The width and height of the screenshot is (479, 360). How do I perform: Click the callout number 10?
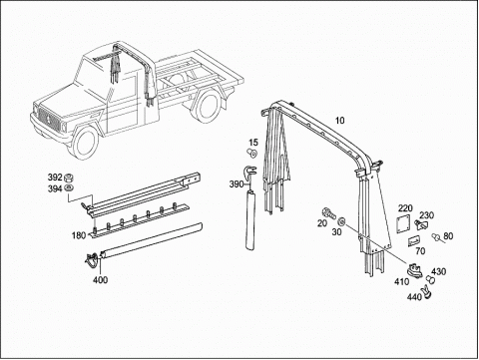pos(339,121)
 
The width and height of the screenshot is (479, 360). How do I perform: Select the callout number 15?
pos(253,143)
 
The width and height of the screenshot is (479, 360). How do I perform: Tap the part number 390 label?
pos(237,183)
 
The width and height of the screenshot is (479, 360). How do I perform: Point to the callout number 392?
pos(55,177)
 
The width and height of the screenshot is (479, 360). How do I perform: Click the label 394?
pos(55,188)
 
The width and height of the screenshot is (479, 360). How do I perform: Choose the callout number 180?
pos(79,235)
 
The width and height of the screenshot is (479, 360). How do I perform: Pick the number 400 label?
pos(100,280)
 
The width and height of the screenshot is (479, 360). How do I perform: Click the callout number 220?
pos(405,208)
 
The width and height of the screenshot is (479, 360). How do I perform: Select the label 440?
pos(414,296)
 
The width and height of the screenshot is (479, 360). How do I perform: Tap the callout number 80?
pos(448,236)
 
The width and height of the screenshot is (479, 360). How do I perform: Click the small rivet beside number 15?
pos(252,154)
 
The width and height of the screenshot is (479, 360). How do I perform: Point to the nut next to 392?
pos(70,177)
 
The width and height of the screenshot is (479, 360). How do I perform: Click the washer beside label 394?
pos(70,187)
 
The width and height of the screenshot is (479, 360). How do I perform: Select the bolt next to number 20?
pos(327,212)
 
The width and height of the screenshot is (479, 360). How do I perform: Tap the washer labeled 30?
pos(342,221)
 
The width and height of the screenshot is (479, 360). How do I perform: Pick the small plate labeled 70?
pos(413,241)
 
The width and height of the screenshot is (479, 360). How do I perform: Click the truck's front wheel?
pos(84,142)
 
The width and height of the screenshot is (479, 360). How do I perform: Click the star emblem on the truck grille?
pos(48,119)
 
